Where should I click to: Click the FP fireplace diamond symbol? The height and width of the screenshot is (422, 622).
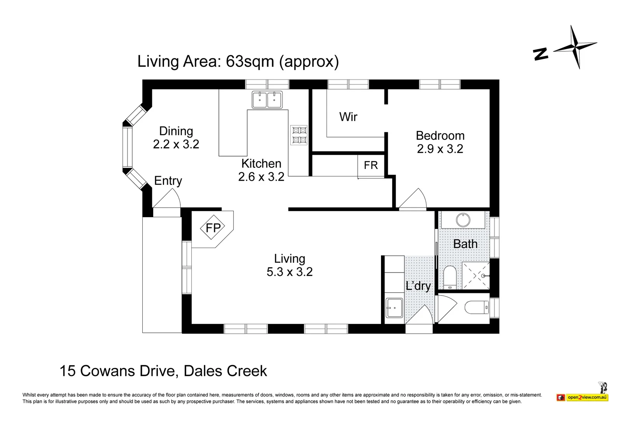click(x=212, y=228)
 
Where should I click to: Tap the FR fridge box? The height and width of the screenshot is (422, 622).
click(x=371, y=166)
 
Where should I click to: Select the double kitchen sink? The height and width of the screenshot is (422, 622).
click(x=267, y=100)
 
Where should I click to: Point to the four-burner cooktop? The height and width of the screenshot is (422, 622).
click(x=299, y=135)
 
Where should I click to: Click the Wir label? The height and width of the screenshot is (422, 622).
click(x=348, y=117)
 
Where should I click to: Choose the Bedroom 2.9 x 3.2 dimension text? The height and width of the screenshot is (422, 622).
click(x=440, y=149)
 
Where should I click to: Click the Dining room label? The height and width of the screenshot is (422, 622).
click(x=176, y=131)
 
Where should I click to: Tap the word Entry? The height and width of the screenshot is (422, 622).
click(x=168, y=181)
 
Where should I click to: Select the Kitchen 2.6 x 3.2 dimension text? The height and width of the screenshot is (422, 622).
click(x=261, y=177)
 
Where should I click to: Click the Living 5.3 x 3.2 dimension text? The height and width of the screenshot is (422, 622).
click(x=290, y=272)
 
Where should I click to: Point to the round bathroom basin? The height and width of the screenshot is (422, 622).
click(x=463, y=220)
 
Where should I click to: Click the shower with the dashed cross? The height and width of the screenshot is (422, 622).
click(x=476, y=276)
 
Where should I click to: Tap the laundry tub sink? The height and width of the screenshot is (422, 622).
click(x=394, y=308)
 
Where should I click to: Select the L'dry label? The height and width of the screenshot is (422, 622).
click(x=418, y=286)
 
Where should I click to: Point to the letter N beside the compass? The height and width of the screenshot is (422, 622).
click(x=540, y=54)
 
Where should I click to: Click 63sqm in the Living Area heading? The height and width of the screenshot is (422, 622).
click(x=250, y=62)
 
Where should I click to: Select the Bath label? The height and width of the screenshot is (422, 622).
click(x=465, y=244)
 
